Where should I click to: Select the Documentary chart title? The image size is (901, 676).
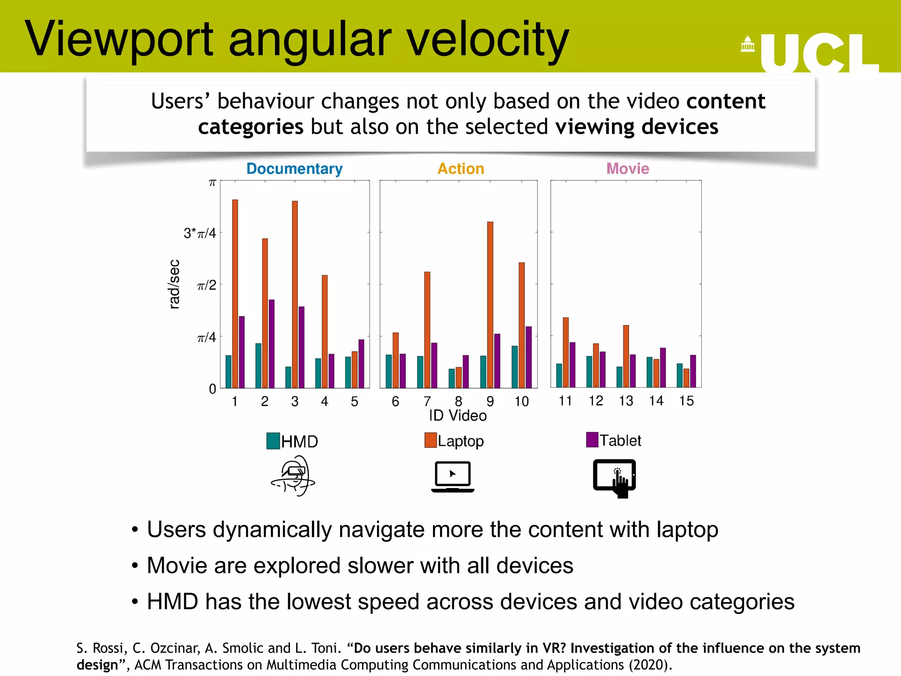tap(294, 169)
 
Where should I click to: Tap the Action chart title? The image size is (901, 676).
tap(461, 169)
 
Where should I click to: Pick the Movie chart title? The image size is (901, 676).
tap(627, 169)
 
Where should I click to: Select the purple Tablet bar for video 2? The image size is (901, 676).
tap(271, 343)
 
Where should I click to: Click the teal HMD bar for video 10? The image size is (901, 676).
tap(515, 367)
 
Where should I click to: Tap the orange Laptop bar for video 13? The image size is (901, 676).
tap(626, 356)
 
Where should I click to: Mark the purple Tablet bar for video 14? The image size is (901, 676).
tap(663, 367)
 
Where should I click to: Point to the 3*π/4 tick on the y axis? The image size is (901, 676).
tap(200, 233)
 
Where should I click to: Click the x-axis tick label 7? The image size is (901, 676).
tap(427, 401)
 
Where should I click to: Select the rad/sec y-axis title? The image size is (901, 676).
tap(174, 284)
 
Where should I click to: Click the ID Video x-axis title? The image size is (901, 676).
tap(458, 415)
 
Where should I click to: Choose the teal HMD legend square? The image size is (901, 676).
tap(273, 441)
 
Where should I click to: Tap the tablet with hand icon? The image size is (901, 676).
tap(615, 478)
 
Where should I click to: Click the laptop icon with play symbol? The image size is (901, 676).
tap(453, 477)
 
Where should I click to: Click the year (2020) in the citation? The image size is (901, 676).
tap(648, 665)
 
